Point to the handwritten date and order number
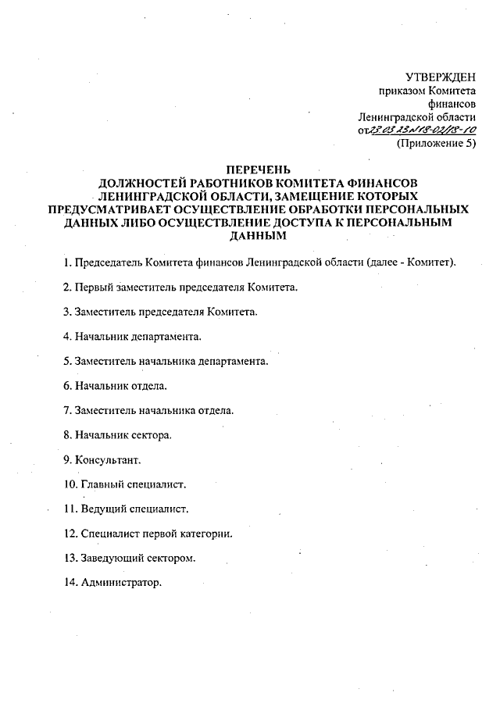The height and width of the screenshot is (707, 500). click(423, 130)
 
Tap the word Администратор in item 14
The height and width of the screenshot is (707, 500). click(120, 583)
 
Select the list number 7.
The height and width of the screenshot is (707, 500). click(67, 410)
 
